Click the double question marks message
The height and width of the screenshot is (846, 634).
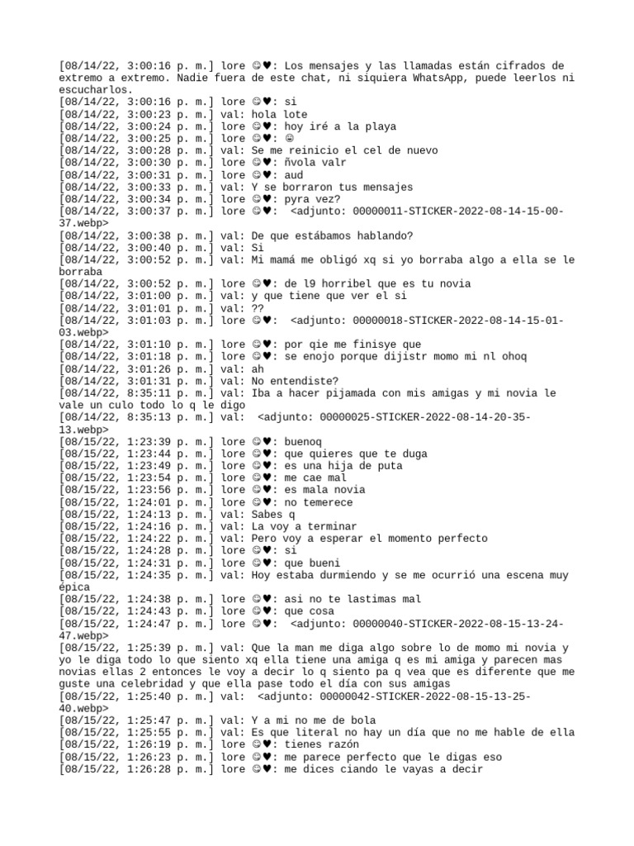click(x=258, y=308)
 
